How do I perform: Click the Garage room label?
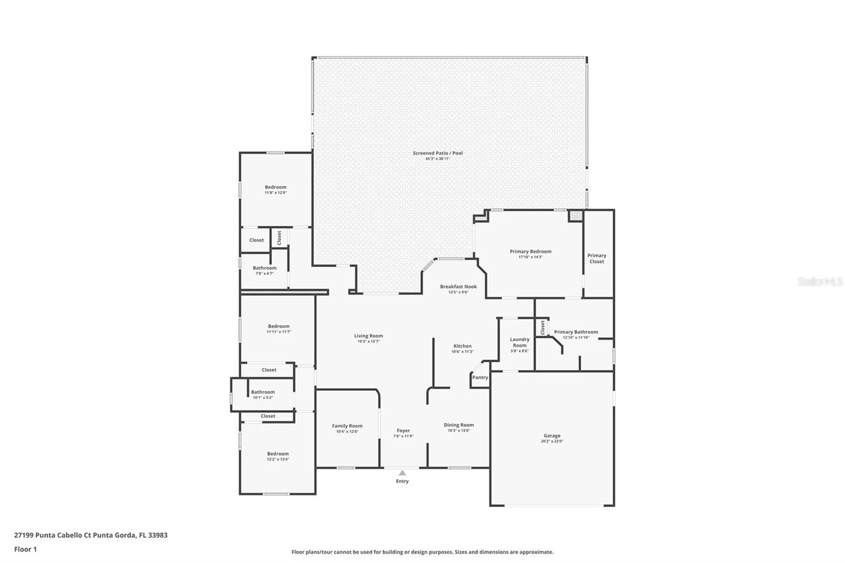(551, 435)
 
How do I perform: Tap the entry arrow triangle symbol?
(402, 473)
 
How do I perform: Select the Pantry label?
(480, 377)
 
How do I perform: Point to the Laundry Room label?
(519, 342)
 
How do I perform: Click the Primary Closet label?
(596, 258)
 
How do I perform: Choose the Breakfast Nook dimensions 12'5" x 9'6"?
(458, 292)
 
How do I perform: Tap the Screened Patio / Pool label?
(437, 153)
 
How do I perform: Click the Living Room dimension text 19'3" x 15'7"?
(368, 342)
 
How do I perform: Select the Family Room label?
(347, 426)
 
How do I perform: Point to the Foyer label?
(403, 431)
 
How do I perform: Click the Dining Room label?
(459, 425)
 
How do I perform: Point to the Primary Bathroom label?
(576, 332)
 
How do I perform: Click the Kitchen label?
(462, 346)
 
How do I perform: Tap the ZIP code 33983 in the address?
(158, 535)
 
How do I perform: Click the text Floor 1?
(26, 549)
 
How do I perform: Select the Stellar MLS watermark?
(820, 281)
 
